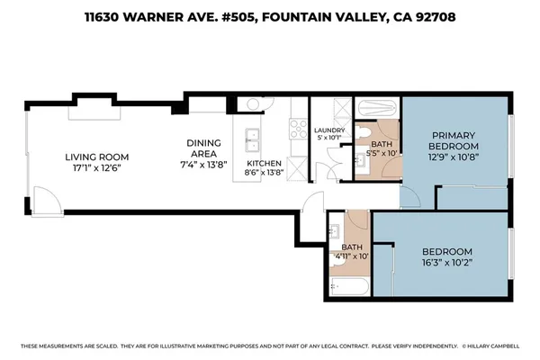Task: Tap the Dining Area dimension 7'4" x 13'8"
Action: [x=203, y=165]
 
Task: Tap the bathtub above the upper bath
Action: [x=375, y=112]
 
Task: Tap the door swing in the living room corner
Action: [x=44, y=201]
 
